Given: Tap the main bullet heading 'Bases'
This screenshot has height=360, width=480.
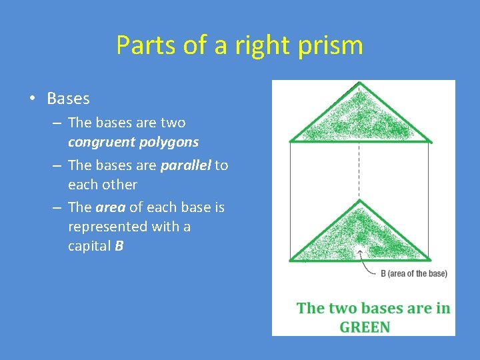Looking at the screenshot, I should click(x=68, y=99).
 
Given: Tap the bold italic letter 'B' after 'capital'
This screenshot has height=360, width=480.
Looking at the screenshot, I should click(x=119, y=246).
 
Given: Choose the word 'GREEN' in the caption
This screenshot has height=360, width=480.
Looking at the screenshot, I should click(x=365, y=327).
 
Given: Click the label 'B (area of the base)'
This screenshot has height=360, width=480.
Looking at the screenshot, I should click(x=413, y=273).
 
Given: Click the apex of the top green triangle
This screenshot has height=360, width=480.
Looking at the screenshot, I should click(x=360, y=84).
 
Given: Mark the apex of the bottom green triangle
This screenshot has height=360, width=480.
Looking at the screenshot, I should click(x=360, y=201).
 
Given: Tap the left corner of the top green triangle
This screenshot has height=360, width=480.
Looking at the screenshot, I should click(x=291, y=141).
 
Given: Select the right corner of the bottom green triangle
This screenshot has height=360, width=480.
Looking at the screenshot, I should click(x=431, y=259).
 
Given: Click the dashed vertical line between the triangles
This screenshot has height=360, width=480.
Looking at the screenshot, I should click(x=360, y=170).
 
